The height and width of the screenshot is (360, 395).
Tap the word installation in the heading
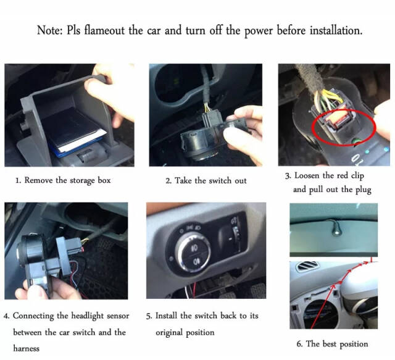click(x=330, y=30)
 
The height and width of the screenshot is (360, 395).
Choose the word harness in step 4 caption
click(x=26, y=348)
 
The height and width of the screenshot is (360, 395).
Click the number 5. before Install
click(x=149, y=316)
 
